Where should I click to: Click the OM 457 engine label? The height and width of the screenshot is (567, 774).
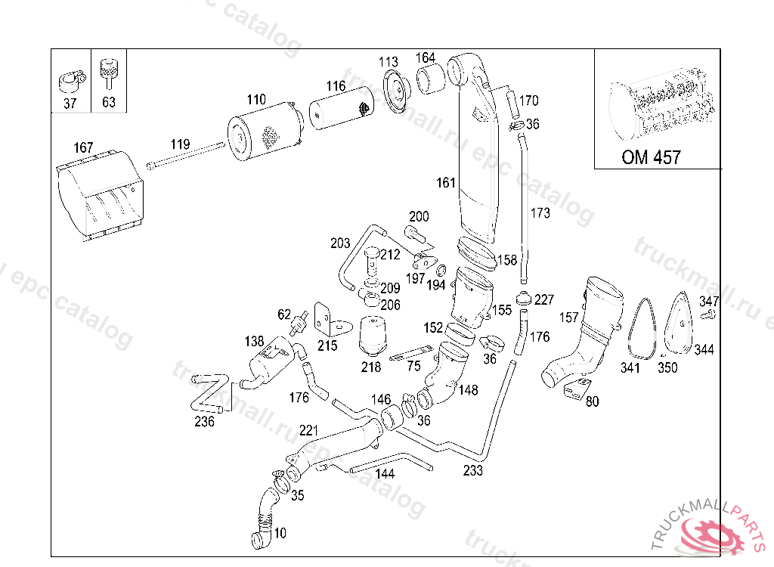click(x=651, y=157)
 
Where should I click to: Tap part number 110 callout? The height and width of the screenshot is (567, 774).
click(x=256, y=100)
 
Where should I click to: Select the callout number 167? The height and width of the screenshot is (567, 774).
click(x=83, y=147)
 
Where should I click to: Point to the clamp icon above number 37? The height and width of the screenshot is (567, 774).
click(x=72, y=82)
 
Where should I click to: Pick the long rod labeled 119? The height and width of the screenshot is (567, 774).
click(x=186, y=155)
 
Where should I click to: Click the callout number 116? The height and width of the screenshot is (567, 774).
click(x=336, y=86)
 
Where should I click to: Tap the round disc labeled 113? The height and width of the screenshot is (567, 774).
click(x=397, y=91)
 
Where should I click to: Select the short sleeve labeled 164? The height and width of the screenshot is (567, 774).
click(x=431, y=80)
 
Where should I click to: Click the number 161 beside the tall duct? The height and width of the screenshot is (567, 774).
click(x=446, y=183)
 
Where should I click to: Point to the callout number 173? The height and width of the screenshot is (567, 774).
click(x=540, y=213)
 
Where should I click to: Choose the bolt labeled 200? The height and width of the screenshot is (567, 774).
click(x=415, y=234)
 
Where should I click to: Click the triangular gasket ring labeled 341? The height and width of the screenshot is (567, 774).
click(x=642, y=327)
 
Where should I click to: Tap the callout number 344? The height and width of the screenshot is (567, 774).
click(x=704, y=350)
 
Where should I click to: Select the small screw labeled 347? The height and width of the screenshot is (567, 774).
click(x=707, y=314)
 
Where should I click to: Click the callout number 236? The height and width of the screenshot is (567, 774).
click(x=204, y=421)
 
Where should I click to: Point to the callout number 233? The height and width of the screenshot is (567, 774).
click(x=473, y=470)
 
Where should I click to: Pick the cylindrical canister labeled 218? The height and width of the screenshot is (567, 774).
click(x=373, y=336)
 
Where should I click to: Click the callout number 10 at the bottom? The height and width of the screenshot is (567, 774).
click(x=280, y=533)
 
